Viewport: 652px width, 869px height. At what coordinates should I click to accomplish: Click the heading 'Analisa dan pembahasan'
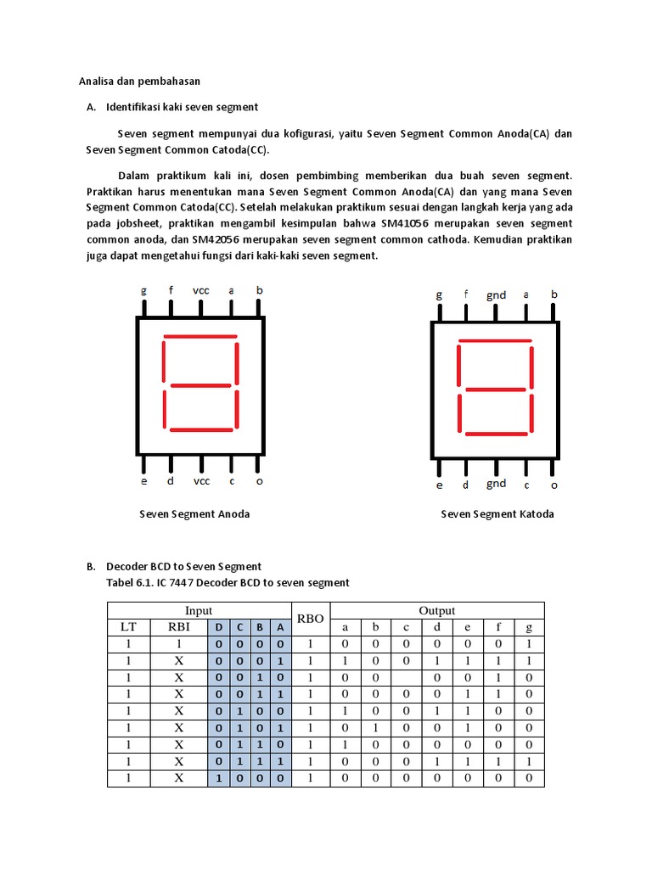[139, 81]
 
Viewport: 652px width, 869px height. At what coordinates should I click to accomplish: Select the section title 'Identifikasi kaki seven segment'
[182, 108]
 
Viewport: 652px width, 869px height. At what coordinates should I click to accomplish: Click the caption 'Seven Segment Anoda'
[194, 513]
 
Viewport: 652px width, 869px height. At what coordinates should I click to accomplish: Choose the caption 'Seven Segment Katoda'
[497, 513]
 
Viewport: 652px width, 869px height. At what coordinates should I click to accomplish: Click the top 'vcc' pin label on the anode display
[201, 290]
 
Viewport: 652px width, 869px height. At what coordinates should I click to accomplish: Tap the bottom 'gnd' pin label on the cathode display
[497, 483]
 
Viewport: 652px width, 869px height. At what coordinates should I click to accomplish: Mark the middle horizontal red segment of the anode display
[200, 386]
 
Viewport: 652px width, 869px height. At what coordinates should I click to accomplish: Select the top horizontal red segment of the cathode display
[496, 342]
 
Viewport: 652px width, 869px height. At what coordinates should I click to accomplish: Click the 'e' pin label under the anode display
[143, 481]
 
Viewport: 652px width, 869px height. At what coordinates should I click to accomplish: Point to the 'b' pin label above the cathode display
[554, 294]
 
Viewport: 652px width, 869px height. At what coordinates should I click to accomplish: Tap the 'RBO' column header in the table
[311, 619]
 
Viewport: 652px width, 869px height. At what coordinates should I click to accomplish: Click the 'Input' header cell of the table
[199, 610]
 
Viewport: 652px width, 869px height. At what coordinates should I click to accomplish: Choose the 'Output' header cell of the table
[436, 610]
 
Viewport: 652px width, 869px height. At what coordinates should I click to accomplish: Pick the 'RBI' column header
[179, 627]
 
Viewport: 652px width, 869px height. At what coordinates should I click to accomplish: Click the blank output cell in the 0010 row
[406, 678]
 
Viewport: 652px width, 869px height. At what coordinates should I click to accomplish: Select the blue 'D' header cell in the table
[218, 627]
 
